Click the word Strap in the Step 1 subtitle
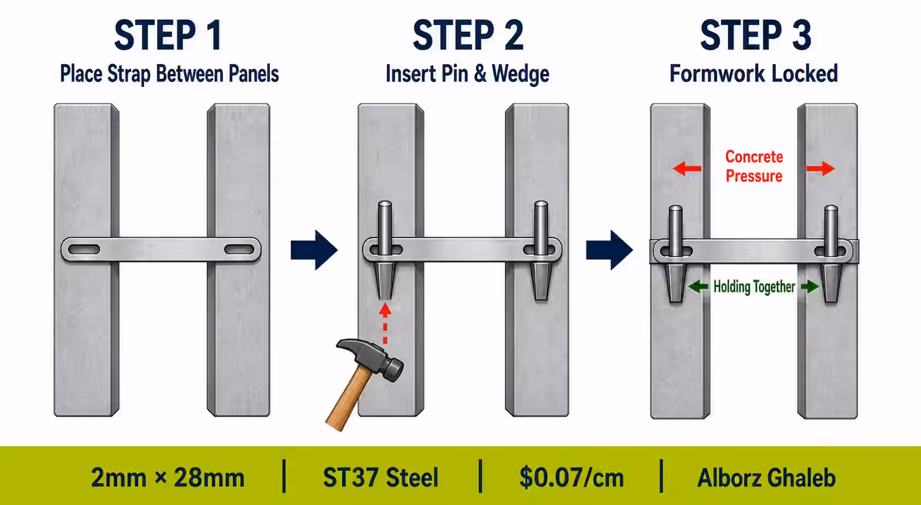click(x=129, y=74)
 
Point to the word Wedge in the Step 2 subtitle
click(x=521, y=74)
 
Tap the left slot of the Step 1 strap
click(x=84, y=250)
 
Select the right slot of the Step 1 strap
click(x=239, y=250)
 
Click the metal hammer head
click(x=372, y=358)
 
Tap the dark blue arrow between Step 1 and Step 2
click(x=314, y=250)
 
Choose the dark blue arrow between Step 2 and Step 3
click(x=609, y=250)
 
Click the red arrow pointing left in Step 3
click(x=687, y=169)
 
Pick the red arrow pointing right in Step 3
click(x=821, y=169)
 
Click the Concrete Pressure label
click(x=754, y=166)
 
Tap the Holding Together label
click(x=754, y=287)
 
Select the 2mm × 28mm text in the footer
click(x=168, y=478)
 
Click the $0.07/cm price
click(x=572, y=478)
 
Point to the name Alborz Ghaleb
click(x=767, y=478)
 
